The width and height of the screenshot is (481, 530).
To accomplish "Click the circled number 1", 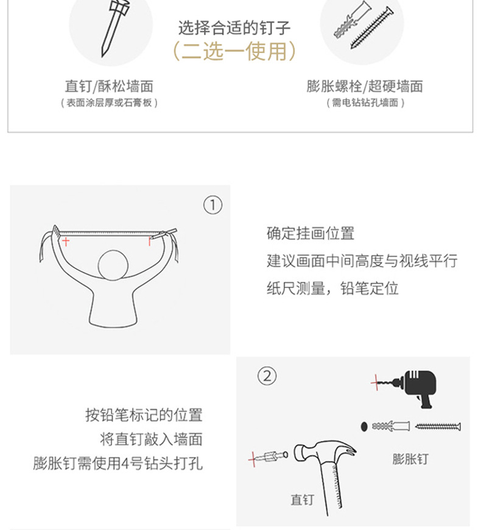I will [x=212, y=206].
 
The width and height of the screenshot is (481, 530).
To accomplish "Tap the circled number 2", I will [x=265, y=375].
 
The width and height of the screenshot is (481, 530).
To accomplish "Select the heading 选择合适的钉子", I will [x=234, y=27].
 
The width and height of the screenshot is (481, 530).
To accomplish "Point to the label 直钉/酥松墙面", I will [x=108, y=87].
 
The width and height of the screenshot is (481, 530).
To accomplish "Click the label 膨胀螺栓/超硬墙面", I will [x=365, y=87].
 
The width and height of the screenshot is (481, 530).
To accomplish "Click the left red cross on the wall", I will [x=65, y=242].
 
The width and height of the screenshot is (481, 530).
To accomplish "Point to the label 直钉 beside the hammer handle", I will [x=302, y=500].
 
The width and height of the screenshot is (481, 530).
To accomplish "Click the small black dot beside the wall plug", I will [x=363, y=426].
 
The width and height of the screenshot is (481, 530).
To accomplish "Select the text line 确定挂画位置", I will [x=311, y=233].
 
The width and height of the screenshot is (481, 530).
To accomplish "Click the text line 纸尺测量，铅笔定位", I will [x=332, y=288].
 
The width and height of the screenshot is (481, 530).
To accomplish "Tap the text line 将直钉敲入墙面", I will [x=151, y=439].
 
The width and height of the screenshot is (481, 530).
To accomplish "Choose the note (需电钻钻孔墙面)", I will [x=365, y=103].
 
